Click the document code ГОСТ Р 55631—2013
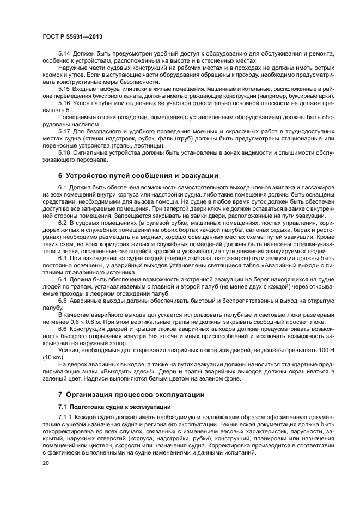(72, 36)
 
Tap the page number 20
(46, 462)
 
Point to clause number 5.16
(64, 102)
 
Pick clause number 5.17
(64, 131)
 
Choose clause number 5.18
(64, 153)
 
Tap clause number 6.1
(63, 187)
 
